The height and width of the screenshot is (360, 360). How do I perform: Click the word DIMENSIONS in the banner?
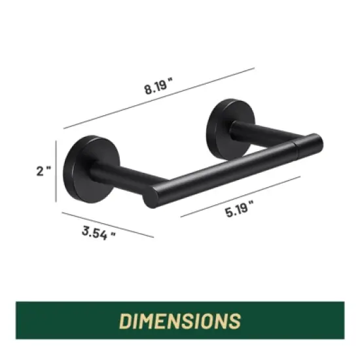point(179,321)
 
